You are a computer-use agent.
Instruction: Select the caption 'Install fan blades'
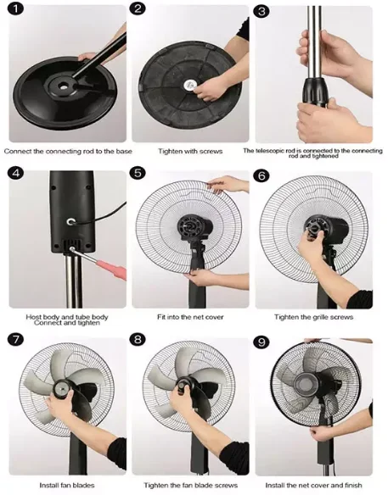(x=67, y=485)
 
